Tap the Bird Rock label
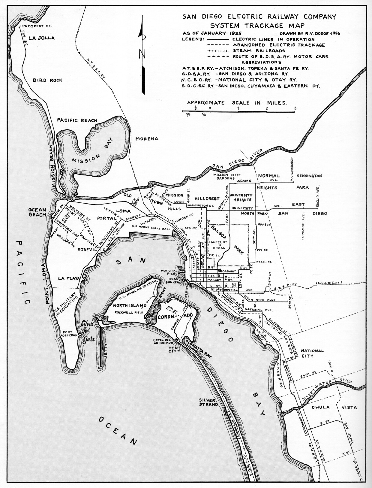coord(47,80)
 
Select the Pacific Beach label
coord(77,120)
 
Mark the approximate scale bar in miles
coord(238,111)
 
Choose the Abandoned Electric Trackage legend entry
coord(279,45)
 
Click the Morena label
coord(147,139)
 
